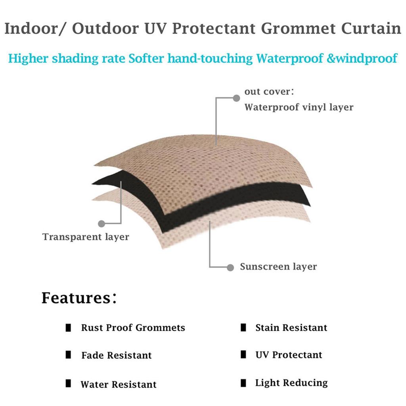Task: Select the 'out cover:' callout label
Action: point(269,92)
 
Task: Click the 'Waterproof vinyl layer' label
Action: point(299,107)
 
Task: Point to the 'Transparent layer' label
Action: point(86,237)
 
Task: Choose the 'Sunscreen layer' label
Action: point(278,267)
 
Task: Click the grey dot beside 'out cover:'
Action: point(236,98)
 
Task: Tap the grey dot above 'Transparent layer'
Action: point(101,223)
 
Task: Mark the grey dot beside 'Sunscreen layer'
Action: point(230,267)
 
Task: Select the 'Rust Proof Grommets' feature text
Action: point(133,328)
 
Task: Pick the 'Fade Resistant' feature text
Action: point(117,355)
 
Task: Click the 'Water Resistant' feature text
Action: point(119,385)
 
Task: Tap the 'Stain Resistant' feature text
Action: point(291,328)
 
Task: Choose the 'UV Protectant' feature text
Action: point(289,355)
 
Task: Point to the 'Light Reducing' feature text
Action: point(291,383)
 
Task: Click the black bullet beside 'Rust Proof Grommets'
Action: point(68,328)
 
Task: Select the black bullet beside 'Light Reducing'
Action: point(243,383)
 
